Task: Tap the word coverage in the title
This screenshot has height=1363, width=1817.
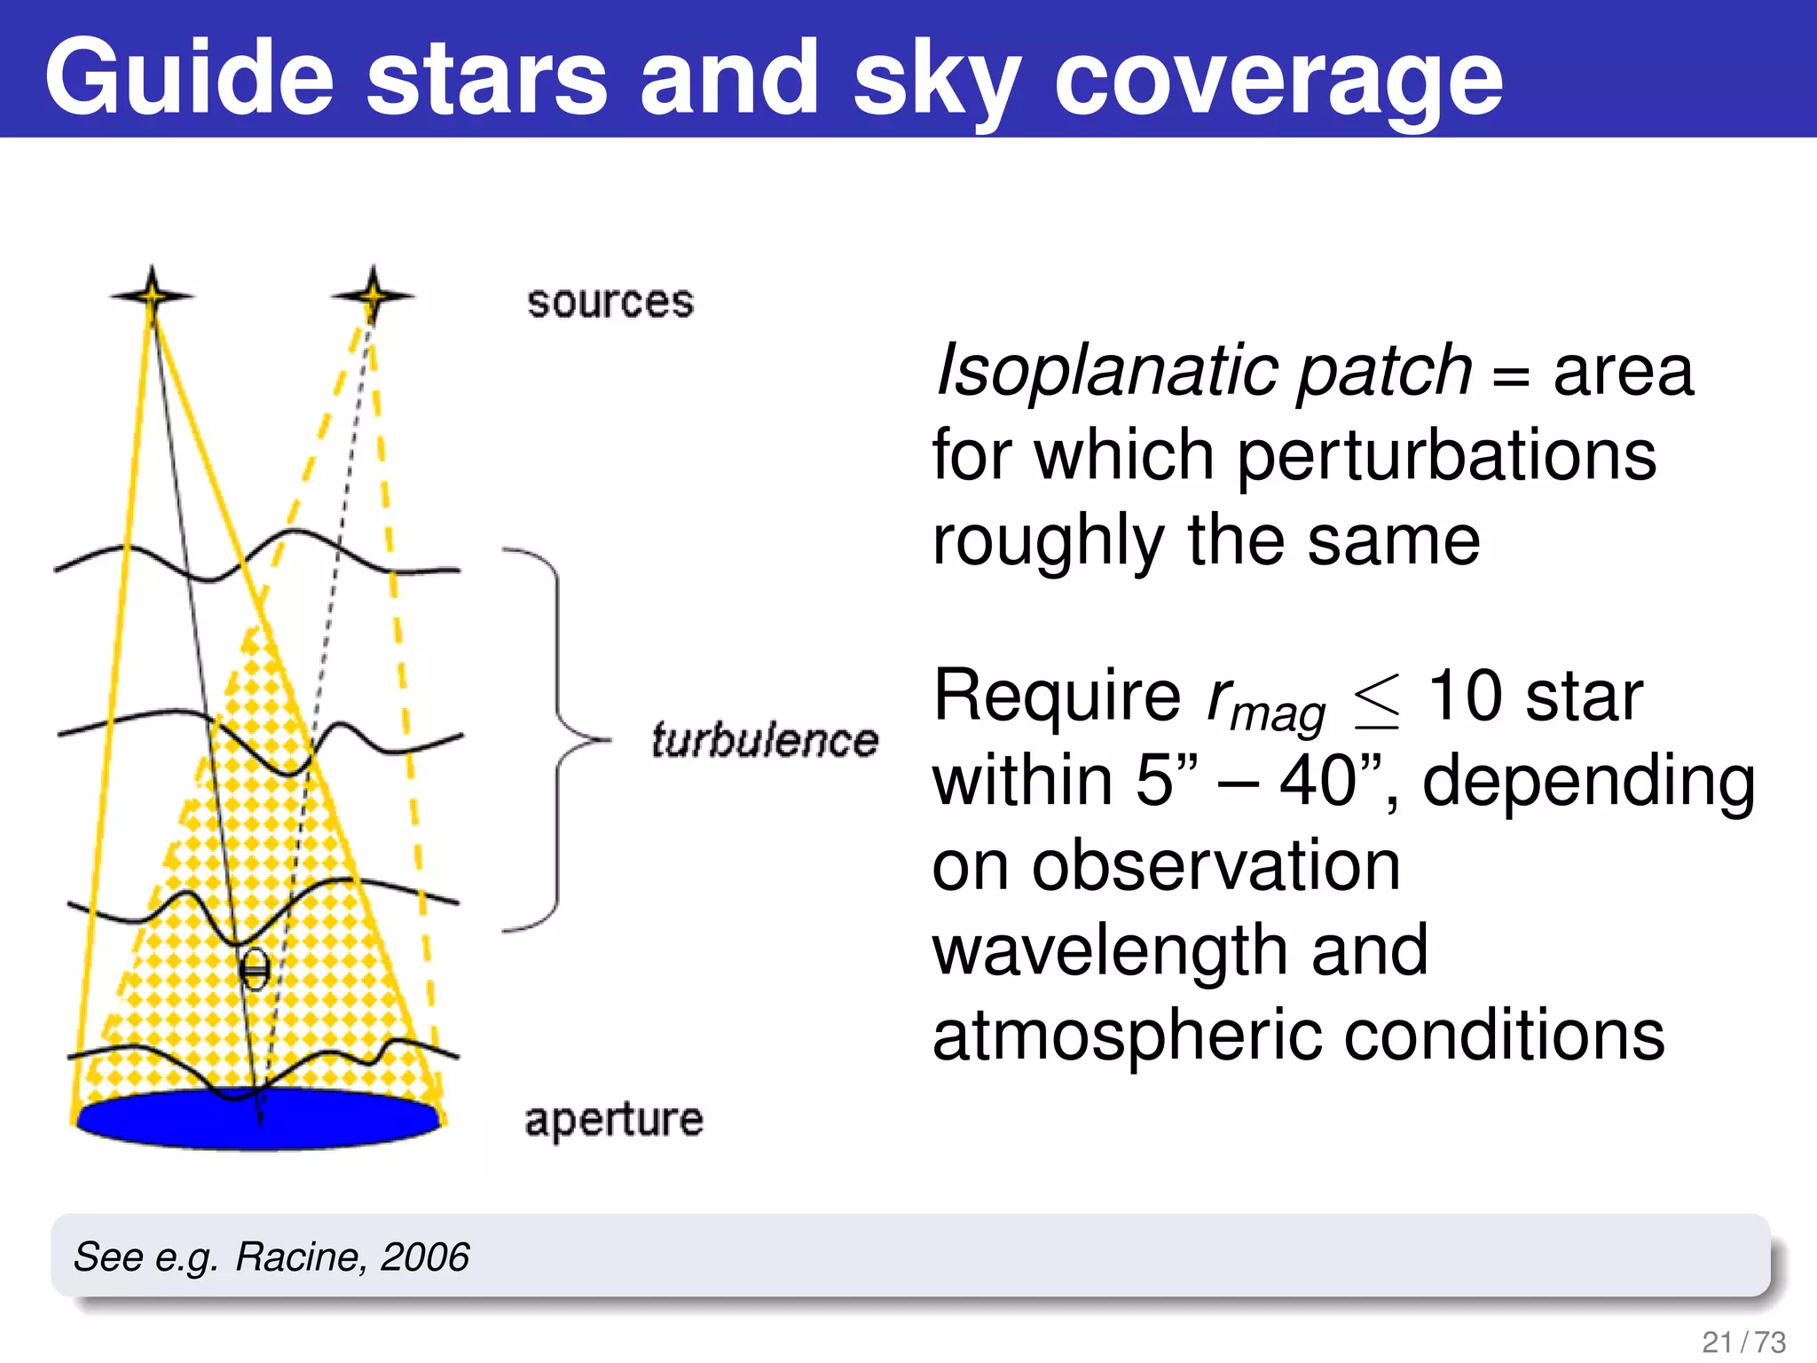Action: (1278, 82)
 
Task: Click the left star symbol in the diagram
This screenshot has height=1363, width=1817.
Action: (152, 295)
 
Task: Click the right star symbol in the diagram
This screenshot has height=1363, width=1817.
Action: (373, 295)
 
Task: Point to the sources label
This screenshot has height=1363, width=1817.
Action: (610, 303)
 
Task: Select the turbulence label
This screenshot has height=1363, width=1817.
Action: (764, 740)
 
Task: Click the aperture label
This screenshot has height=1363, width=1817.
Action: (614, 1120)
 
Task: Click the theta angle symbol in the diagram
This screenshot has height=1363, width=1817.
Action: (255, 970)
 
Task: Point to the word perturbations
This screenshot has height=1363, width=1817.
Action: (1446, 455)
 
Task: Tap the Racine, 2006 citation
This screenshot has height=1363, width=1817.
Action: (351, 1257)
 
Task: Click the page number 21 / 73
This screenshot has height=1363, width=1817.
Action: (1743, 1342)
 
